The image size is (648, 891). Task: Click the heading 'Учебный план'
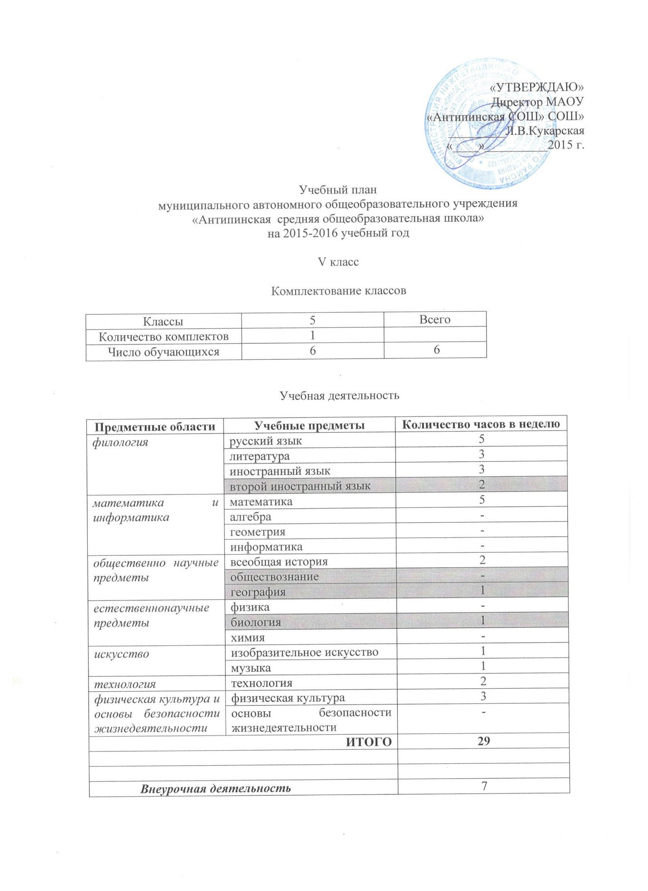(x=338, y=190)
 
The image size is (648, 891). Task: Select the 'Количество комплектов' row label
(x=164, y=336)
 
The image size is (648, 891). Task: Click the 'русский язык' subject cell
(x=266, y=441)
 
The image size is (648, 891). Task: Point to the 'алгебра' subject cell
(x=250, y=517)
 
